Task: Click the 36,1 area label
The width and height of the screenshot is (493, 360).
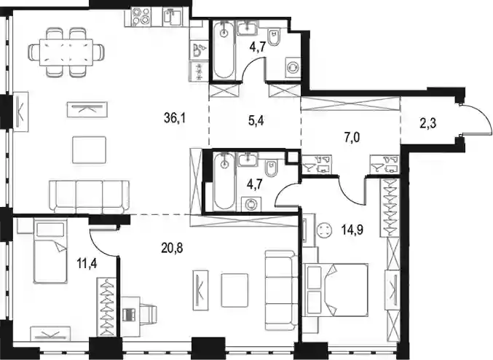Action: coord(175,118)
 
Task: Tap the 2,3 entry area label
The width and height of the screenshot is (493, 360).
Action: coord(428,124)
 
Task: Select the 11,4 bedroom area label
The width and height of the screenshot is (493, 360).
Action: coord(87,263)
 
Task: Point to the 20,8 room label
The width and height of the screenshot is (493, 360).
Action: coord(172,248)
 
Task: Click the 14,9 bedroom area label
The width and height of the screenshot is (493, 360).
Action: coord(352,230)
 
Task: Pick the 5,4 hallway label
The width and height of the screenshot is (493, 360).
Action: coord(256,121)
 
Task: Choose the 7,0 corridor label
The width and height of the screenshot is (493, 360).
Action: coord(352,138)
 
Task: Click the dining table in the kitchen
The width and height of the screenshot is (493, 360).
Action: coord(66,52)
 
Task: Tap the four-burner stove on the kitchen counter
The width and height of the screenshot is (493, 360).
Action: coord(141,17)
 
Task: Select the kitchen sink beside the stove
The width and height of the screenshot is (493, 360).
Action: coord(173,17)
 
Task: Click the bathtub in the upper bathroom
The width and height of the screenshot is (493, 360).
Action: coord(224,50)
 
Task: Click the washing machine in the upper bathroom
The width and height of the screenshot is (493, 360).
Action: coord(293,67)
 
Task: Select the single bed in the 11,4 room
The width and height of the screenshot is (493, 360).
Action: coord(50,251)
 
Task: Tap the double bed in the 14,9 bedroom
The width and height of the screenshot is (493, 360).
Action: coord(336,289)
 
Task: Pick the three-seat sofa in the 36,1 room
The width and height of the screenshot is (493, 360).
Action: coord(90,197)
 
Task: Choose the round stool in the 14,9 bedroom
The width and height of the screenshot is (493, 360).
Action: coord(324,231)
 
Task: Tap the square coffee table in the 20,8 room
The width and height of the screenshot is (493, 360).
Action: coord(234,290)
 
